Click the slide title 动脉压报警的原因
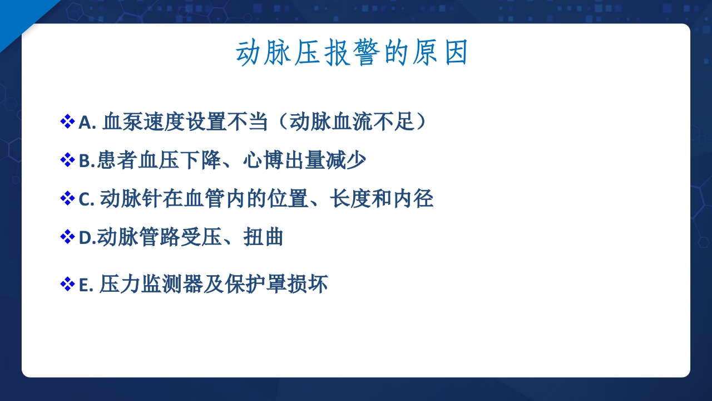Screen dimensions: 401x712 pos(352,54)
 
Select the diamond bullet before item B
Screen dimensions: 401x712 pos(67,160)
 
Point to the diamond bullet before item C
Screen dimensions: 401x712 pos(67,198)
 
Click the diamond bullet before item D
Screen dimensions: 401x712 pos(67,237)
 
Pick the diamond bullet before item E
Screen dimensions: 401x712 pos(67,284)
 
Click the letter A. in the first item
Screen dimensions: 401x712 pos(87,122)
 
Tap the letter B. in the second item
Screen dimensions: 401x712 pos(87,161)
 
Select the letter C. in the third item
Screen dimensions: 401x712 pos(87,199)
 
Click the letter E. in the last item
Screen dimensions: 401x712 pos(86,285)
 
